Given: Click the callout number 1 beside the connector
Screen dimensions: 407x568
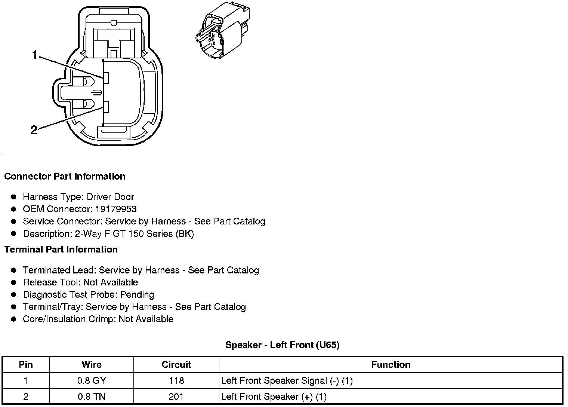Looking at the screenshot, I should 34,56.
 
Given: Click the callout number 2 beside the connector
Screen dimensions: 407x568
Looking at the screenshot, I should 34,130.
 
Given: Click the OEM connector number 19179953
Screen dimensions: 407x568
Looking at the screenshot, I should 116,209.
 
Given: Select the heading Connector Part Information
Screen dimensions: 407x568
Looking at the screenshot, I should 65,177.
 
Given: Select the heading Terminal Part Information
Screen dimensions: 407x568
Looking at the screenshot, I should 61,250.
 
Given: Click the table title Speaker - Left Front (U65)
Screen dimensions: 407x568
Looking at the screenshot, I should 282,345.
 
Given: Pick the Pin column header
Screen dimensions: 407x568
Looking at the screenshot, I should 26,365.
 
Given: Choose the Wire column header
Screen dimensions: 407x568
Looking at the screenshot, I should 92,365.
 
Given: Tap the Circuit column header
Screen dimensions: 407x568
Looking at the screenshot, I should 176,365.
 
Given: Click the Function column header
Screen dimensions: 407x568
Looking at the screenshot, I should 390,365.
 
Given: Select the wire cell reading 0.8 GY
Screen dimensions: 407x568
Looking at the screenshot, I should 92,381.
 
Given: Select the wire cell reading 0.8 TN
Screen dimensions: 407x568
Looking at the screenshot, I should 92,397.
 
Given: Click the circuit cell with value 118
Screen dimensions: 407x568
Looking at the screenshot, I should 176,381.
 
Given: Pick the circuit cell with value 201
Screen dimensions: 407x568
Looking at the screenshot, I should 176,397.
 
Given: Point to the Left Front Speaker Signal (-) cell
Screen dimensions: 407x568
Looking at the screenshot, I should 287,381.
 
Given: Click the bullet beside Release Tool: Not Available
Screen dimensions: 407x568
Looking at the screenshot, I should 14,282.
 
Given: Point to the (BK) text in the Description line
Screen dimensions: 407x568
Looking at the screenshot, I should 184,234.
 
